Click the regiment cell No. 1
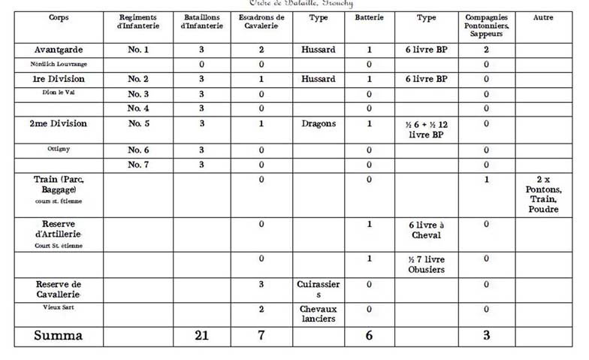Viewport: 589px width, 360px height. coord(138,50)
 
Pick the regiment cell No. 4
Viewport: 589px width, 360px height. coord(138,108)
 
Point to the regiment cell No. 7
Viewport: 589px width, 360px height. coord(138,165)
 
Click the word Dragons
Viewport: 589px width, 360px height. coord(319,123)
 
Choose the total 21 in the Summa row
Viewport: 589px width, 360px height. coord(201,336)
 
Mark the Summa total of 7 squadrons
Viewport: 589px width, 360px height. coord(261,336)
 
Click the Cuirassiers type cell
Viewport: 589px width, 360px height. coord(319,289)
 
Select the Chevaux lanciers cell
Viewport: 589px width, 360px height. coord(319,314)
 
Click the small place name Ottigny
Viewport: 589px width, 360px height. coord(59,149)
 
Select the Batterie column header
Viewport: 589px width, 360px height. coord(369,17)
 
